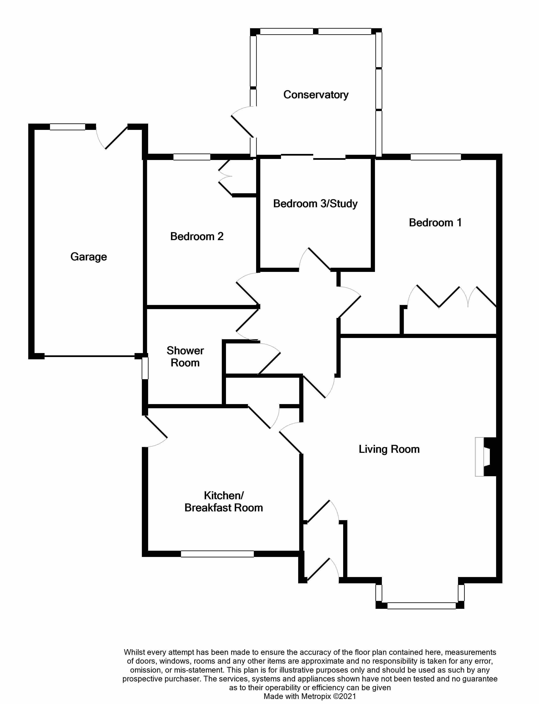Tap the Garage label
pos(89,257)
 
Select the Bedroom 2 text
pos(197,236)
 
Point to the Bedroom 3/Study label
pos(315,204)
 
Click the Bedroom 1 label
pos(435,223)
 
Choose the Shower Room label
pos(185,357)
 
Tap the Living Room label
pos(389,449)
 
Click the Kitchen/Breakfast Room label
pos(224,502)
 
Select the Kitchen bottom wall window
pos(217,554)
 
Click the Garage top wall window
pos(67,127)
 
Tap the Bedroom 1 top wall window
pos(435,157)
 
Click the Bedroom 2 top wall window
pos(191,157)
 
